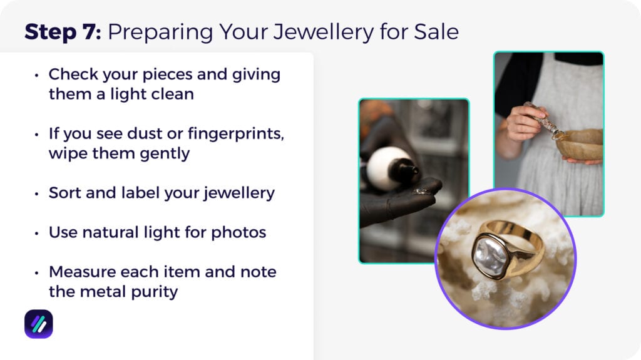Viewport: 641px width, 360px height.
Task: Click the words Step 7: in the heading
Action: (x=63, y=33)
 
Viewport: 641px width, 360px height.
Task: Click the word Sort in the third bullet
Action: (x=64, y=193)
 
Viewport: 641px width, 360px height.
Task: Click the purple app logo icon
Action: (x=39, y=324)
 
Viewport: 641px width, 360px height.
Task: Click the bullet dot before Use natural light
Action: (x=36, y=233)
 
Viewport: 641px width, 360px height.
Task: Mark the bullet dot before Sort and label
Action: (x=36, y=193)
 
